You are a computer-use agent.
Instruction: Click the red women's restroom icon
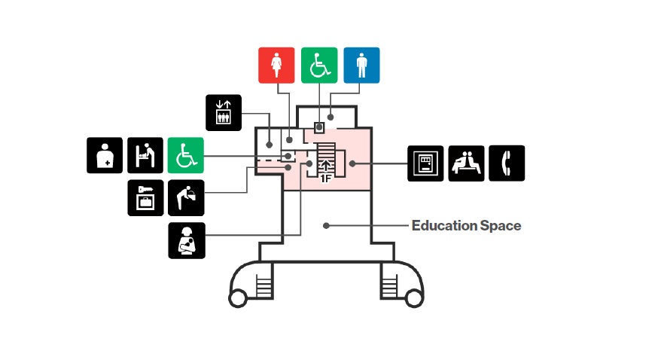click(x=276, y=66)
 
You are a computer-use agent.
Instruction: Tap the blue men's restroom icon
click(x=362, y=66)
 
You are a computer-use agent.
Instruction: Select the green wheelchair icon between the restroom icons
click(x=319, y=66)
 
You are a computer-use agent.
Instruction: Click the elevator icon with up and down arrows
click(x=224, y=112)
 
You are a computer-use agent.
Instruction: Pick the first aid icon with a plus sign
click(x=105, y=155)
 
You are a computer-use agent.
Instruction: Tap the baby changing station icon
click(x=145, y=155)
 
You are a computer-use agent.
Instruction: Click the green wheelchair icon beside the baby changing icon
click(x=185, y=155)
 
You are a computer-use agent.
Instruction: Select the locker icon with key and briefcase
click(x=145, y=198)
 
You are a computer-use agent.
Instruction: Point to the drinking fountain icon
click(x=185, y=198)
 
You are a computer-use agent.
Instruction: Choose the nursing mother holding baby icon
click(x=185, y=241)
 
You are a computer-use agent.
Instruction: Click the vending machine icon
click(x=426, y=163)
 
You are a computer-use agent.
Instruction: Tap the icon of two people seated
click(x=467, y=163)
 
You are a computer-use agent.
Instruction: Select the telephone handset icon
click(x=507, y=163)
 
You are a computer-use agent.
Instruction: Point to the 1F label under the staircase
click(x=326, y=179)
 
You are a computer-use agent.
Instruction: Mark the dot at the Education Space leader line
click(x=326, y=224)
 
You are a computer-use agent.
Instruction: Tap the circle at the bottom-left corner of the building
click(x=237, y=299)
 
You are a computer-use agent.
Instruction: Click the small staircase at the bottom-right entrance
click(x=390, y=285)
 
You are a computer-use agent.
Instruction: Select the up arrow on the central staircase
click(x=326, y=166)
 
